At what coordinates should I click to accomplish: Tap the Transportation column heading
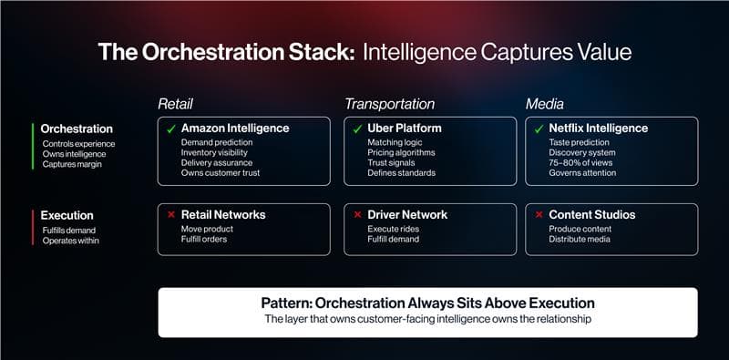coord(389,104)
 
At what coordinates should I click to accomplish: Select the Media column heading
coord(545,104)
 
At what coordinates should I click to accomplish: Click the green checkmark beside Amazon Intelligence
coord(169,129)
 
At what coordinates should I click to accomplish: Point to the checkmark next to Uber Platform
coord(356,129)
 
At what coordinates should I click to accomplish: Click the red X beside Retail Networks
coord(169,215)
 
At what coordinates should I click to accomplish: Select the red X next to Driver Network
coord(356,215)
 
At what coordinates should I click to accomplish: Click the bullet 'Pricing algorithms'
coord(401,153)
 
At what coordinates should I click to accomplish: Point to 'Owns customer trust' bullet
coord(221,173)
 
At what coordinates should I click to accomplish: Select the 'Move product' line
coord(208,229)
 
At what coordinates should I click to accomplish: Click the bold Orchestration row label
coord(77,129)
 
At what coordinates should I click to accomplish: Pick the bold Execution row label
coord(67,215)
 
